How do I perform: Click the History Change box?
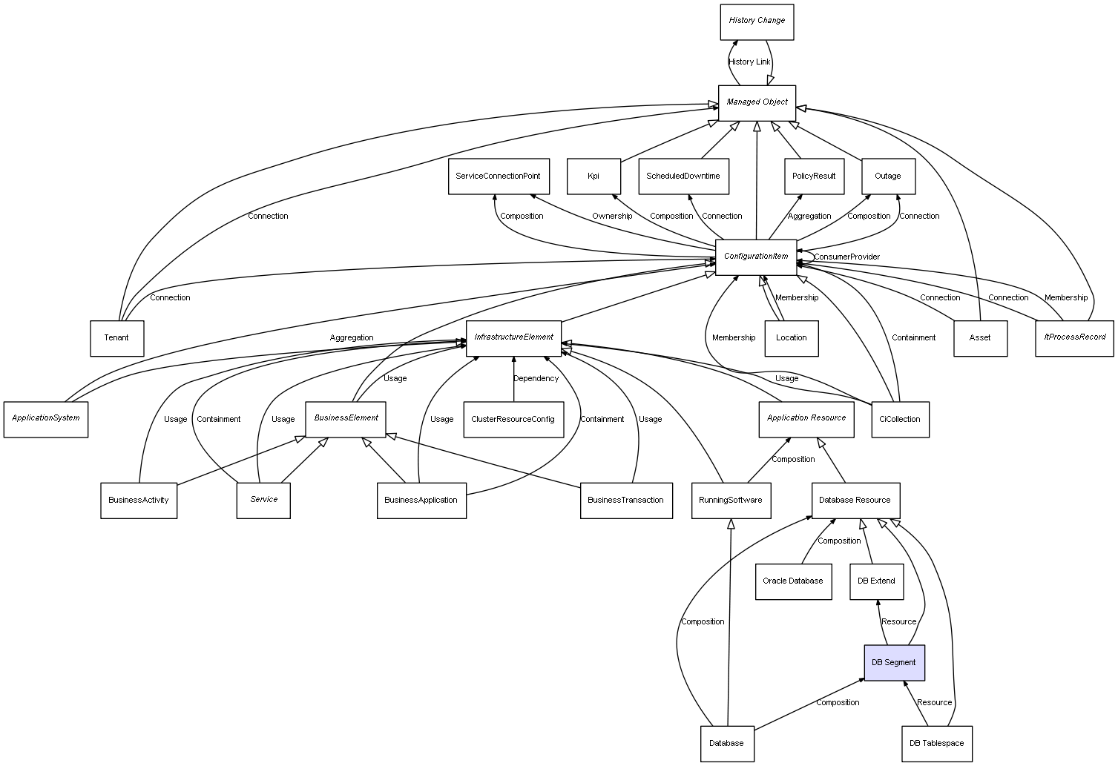(x=757, y=22)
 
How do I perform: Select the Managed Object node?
(x=757, y=102)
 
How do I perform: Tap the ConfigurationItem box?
(x=756, y=257)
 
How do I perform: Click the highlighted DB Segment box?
(x=894, y=662)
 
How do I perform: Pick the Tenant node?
(x=116, y=338)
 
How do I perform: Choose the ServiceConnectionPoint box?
(x=499, y=176)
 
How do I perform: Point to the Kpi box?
(x=593, y=176)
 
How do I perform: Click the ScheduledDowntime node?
(x=683, y=176)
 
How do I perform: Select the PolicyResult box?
(x=814, y=176)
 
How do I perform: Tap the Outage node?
(x=888, y=176)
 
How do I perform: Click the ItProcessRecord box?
(x=1074, y=337)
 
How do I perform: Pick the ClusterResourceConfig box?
(x=513, y=419)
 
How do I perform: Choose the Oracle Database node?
(x=793, y=581)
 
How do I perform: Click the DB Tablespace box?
(x=937, y=743)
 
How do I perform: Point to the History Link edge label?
(x=749, y=62)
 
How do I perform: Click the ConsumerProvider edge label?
(x=846, y=257)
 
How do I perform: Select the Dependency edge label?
(x=536, y=379)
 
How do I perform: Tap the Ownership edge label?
(x=612, y=217)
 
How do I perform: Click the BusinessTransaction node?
(x=625, y=501)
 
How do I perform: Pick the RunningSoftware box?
(x=731, y=501)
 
